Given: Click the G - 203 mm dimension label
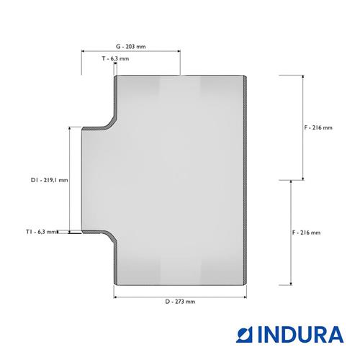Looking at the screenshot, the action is tap(131, 47).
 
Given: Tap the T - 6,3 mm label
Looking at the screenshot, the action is tap(115, 58).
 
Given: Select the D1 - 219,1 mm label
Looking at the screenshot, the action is tap(50, 180).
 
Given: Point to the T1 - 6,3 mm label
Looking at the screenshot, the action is tap(41, 232).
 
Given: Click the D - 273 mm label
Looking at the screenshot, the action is tap(180, 302).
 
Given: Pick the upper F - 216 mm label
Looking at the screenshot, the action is tap(318, 127).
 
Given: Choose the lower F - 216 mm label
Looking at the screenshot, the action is tap(306, 233).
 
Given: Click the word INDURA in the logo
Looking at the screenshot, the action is tap(301, 334).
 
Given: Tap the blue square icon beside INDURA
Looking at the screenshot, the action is tap(245, 334).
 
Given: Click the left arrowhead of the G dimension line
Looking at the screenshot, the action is tap(83, 51).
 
